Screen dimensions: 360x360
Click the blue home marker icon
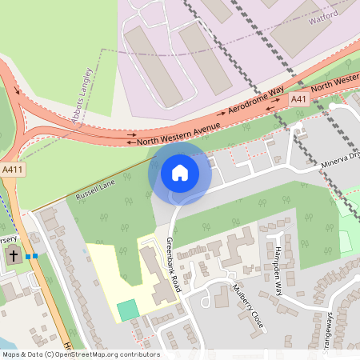coord(180,172)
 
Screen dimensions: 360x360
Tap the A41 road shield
coord(298,98)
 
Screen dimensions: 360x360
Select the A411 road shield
coord(13,170)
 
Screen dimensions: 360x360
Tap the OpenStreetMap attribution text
coord(80,354)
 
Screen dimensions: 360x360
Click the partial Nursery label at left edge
coord(8,239)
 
